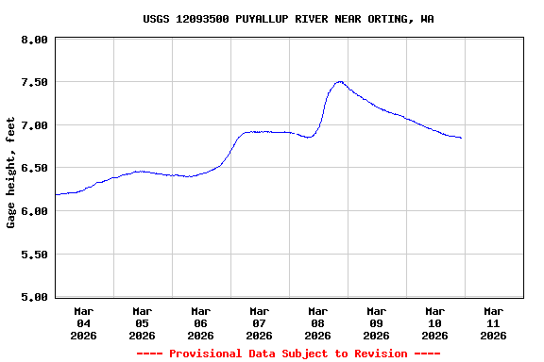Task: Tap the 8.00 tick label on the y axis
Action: coord(34,40)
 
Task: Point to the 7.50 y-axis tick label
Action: coord(34,83)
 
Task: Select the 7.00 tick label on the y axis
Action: coord(34,125)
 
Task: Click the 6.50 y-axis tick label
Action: coord(34,168)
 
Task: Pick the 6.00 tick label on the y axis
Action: coord(34,211)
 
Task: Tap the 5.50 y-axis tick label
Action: coord(34,255)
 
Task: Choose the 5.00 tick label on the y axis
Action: coord(34,297)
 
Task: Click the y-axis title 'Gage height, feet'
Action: coord(11,173)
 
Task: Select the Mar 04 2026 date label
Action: coord(84,322)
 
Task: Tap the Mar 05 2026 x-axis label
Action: coord(143,322)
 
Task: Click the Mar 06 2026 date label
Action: coord(201,322)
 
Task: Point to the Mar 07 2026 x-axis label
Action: coord(260,322)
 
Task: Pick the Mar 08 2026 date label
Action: coord(318,322)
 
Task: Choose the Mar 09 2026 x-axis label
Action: coord(377,322)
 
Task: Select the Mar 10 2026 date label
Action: coord(435,322)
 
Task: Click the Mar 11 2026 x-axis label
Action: coord(494,322)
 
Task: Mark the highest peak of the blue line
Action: coord(339,82)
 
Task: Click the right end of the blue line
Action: coord(461,139)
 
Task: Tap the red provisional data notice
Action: coord(289,354)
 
